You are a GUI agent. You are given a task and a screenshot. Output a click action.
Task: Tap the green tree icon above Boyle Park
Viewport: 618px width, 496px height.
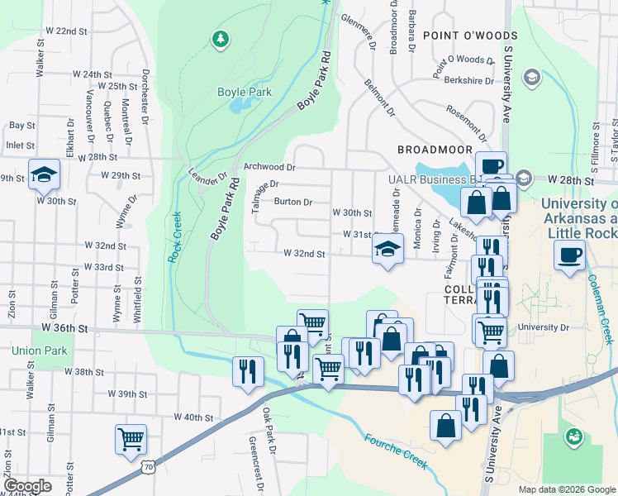coord(220,38)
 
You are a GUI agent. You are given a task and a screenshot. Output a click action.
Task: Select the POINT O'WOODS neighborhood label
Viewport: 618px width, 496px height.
coord(470,36)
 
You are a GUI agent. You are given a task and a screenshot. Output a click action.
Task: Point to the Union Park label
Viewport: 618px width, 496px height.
coord(40,351)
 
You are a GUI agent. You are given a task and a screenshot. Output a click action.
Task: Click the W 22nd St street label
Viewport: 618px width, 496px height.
coord(67,31)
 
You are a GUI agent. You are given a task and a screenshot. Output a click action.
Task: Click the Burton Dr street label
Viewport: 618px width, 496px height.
coord(293,202)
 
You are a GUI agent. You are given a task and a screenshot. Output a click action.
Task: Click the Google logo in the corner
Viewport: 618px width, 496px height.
coord(26,486)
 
